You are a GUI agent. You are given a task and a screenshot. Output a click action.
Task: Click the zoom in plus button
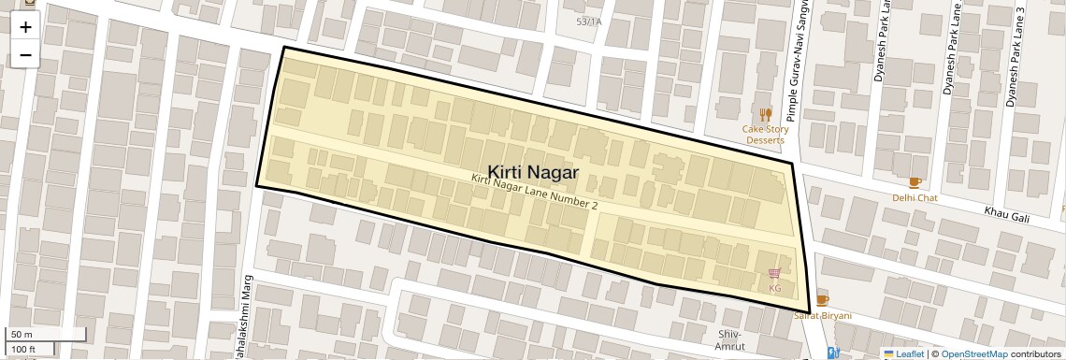click(25, 26)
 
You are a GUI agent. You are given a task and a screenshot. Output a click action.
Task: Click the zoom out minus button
click(25, 54)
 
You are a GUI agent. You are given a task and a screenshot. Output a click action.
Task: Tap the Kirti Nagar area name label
click(533, 172)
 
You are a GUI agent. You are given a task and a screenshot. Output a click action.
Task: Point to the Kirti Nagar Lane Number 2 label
click(534, 191)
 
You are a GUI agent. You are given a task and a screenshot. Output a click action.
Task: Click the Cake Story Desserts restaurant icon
click(766, 114)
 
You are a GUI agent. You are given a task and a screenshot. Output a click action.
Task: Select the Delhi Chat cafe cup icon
click(915, 182)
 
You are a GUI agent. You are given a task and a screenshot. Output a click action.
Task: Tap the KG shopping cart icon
click(774, 274)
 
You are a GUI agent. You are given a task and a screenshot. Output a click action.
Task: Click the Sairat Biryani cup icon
click(822, 300)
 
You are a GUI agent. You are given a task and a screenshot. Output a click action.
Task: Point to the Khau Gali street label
click(1006, 215)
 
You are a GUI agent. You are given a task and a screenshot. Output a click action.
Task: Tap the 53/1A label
click(589, 21)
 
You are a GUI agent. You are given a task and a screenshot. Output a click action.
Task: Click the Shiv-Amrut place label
click(729, 340)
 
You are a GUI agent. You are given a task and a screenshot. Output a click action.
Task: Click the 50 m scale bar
click(47, 334)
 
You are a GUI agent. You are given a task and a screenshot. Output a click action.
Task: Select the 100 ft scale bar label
click(23, 350)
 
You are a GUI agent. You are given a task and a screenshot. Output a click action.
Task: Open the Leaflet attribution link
click(903, 353)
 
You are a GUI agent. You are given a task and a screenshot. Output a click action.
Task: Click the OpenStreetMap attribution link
click(973, 353)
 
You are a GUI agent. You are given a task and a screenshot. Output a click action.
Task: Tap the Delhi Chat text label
click(915, 198)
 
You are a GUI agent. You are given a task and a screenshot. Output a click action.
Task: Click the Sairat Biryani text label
click(823, 316)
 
